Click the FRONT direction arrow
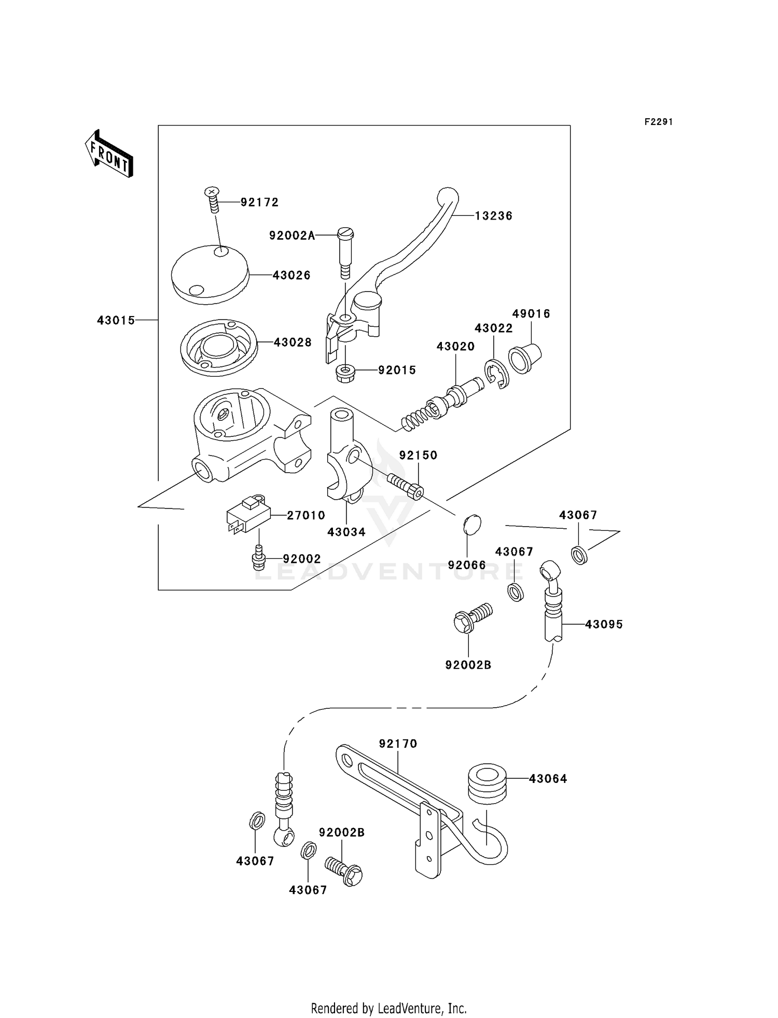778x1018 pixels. pyautogui.click(x=109, y=154)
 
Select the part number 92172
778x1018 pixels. pyautogui.click(x=259, y=202)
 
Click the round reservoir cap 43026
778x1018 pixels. pyautogui.click(x=210, y=275)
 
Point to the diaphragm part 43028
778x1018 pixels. pyautogui.click(x=218, y=347)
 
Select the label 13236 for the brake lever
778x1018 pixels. pyautogui.click(x=493, y=216)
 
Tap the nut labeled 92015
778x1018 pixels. pyautogui.click(x=345, y=373)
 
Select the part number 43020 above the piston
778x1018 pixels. pyautogui.click(x=455, y=346)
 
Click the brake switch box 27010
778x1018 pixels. pyautogui.click(x=248, y=515)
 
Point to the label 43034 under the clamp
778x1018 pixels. pyautogui.click(x=346, y=532)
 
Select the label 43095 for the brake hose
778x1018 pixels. pyautogui.click(x=604, y=624)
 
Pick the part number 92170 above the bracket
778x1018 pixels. pyautogui.click(x=398, y=744)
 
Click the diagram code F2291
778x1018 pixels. pyautogui.click(x=658, y=122)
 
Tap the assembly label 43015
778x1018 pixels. pyautogui.click(x=116, y=321)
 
